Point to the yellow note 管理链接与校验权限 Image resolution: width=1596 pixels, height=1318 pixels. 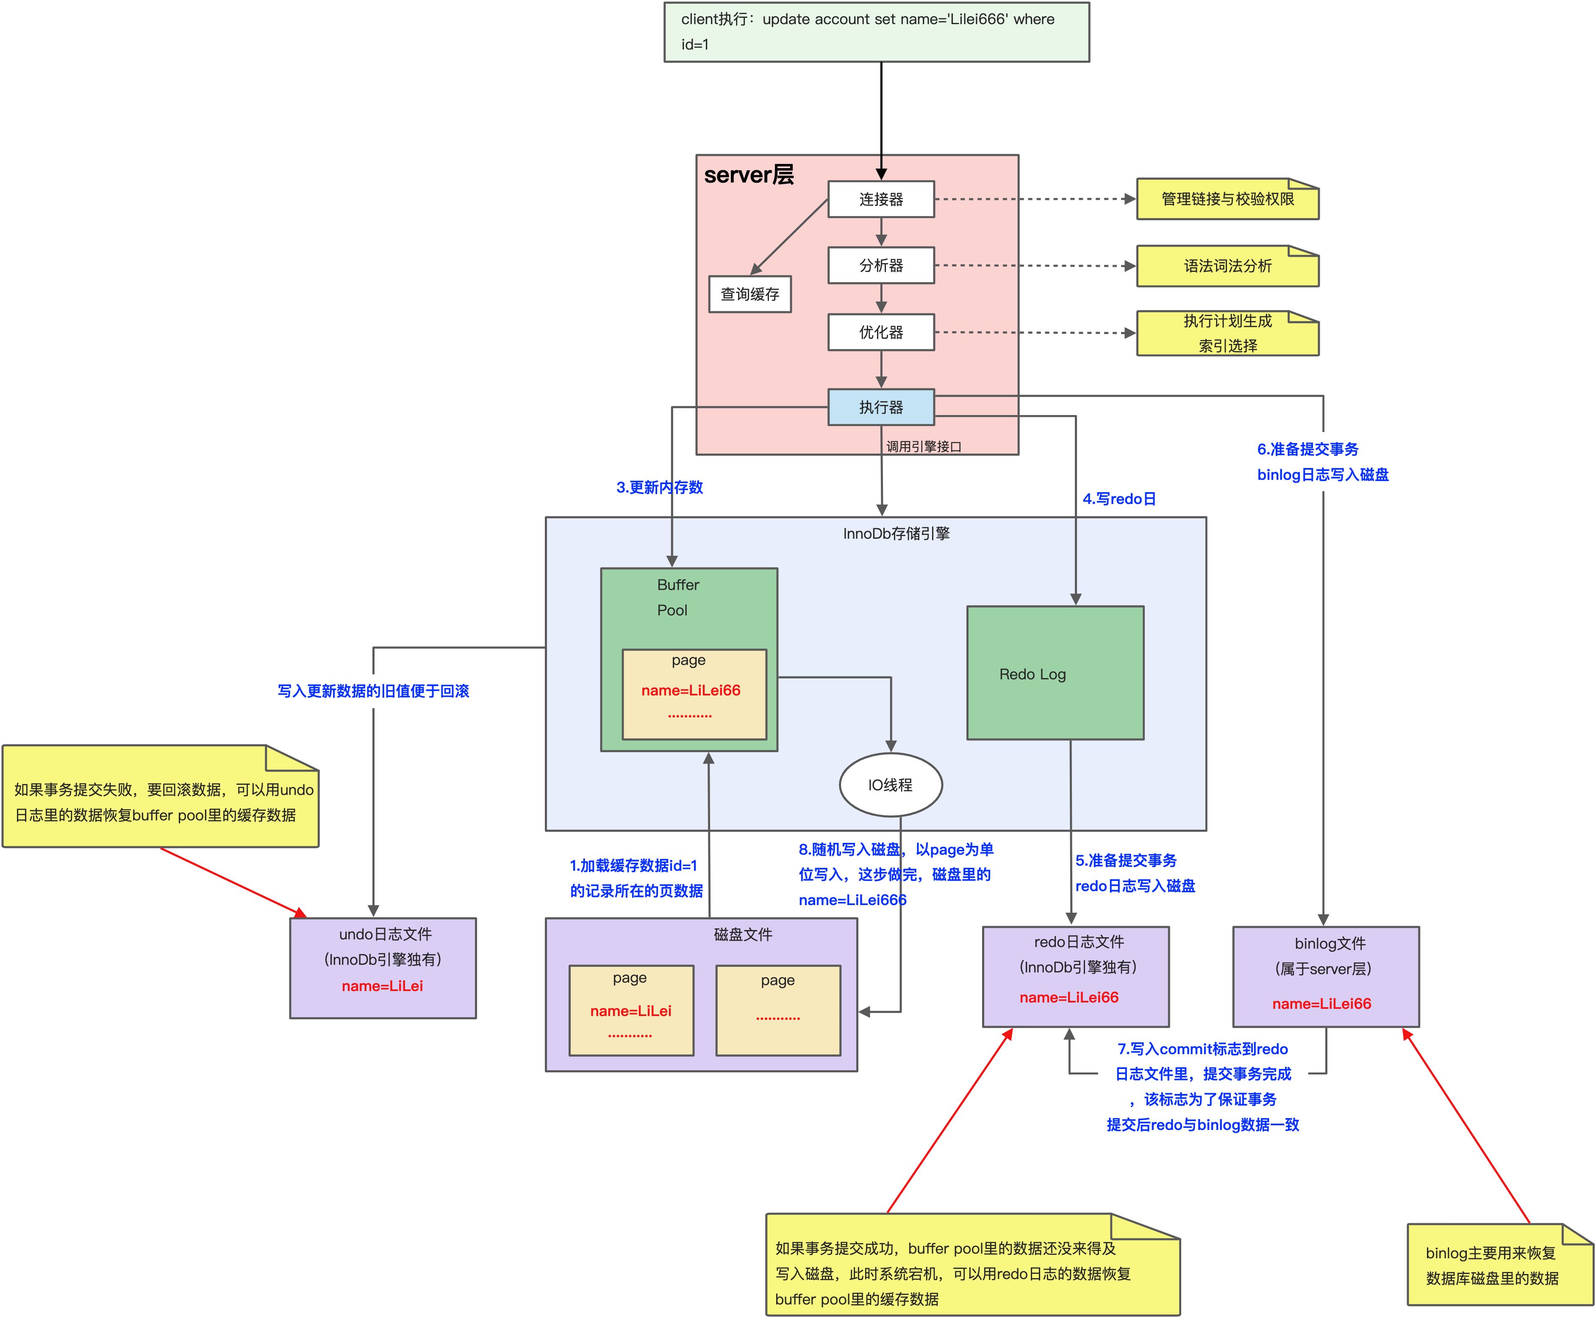tap(1227, 199)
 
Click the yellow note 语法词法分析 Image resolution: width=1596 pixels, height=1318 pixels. tap(1227, 266)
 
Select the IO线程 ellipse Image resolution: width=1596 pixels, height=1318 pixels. tap(890, 784)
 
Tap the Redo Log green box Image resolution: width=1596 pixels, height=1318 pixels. tap(1055, 673)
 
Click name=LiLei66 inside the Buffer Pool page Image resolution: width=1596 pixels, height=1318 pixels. tap(691, 690)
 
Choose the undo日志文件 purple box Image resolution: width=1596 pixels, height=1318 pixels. tap(383, 968)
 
